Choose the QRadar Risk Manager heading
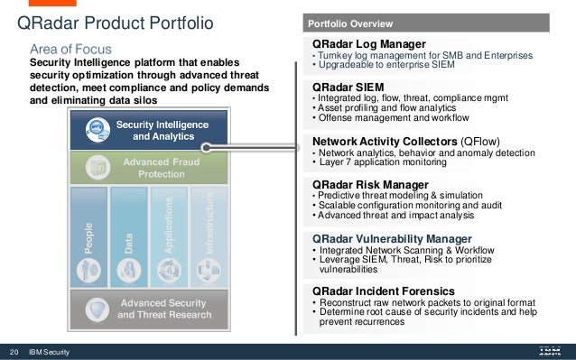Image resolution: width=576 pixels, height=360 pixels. (x=369, y=185)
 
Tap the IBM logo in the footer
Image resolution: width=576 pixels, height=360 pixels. (x=549, y=351)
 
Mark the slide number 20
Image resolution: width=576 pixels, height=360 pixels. (x=14, y=351)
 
